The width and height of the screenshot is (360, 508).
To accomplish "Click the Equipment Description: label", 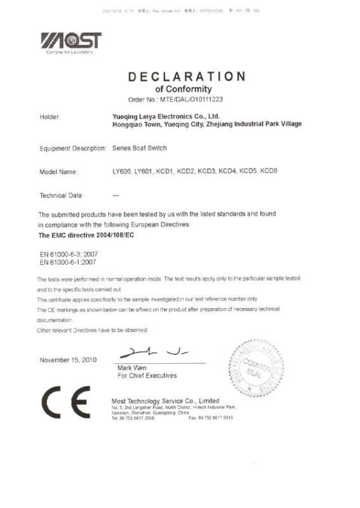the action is tap(72, 148).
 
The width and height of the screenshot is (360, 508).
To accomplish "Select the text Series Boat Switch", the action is tap(140, 148).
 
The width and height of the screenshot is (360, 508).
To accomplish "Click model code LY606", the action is tap(121, 171).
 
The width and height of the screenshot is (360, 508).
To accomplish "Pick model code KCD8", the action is tap(269, 171).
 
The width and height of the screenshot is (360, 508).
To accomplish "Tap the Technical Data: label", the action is tap(62, 196).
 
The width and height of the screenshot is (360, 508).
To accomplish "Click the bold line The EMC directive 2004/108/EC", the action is tap(87, 235).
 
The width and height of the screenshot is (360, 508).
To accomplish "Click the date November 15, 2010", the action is tap(68, 360).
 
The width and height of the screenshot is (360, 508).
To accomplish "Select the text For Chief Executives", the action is tap(147, 376).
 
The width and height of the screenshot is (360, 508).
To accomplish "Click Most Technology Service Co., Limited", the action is tap(165, 401).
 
